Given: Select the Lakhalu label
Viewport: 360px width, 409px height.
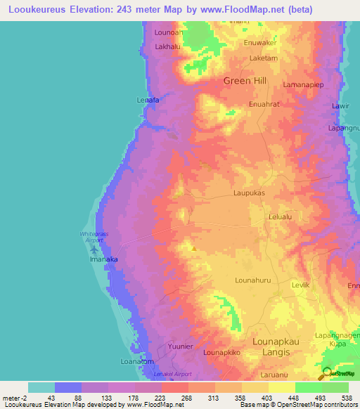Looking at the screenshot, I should coord(169,48).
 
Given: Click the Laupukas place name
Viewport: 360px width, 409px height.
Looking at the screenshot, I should coord(248,191).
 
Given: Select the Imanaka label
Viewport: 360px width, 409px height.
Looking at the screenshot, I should coord(98,259).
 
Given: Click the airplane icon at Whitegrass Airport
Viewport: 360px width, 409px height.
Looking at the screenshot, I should coord(94,249).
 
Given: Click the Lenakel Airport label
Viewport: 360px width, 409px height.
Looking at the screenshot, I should coord(172,375).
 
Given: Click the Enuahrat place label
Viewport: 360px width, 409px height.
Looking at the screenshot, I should coord(264,104).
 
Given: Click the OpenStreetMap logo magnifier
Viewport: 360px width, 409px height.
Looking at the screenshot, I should coord(326,374).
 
